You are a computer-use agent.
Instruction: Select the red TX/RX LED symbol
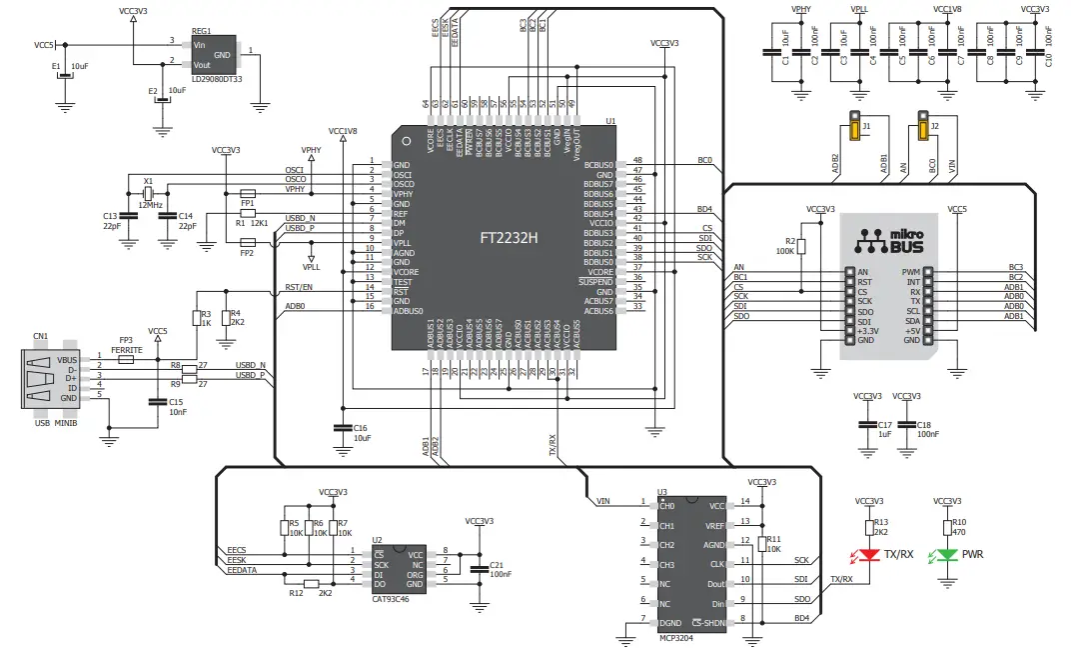coord(866,554)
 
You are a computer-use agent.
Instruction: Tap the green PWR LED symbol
coord(947,554)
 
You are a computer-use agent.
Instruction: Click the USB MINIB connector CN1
coord(41,379)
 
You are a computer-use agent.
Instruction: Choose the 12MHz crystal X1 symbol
coord(147,193)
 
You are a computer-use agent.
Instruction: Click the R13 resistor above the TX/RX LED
coord(866,526)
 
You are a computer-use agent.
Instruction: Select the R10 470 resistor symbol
coord(947,526)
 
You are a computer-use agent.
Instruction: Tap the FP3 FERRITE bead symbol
coord(126,358)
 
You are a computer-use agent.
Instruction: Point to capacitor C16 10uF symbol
coord(342,427)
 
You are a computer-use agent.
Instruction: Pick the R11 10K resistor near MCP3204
coord(762,544)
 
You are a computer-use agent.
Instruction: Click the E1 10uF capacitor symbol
coord(65,75)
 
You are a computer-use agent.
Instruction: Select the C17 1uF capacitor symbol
coord(866,424)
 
